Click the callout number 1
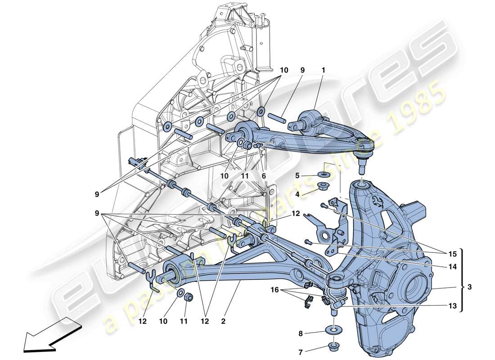coord(323,70)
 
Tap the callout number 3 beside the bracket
coord(469,286)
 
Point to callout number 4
coord(297,194)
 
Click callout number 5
coord(297,175)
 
